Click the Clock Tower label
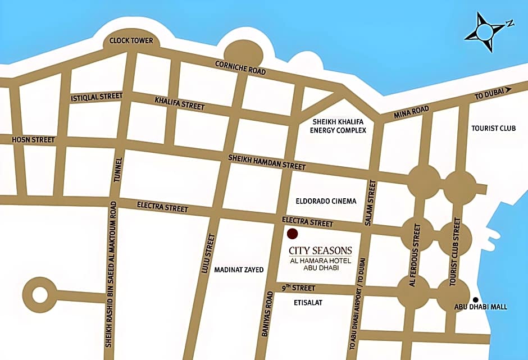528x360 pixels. click(x=131, y=40)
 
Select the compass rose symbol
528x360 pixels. click(x=485, y=33)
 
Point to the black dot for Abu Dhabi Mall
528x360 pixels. click(x=476, y=299)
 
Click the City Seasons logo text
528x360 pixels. click(x=320, y=250)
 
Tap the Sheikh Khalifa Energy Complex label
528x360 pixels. click(x=338, y=126)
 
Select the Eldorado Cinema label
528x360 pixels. click(x=326, y=201)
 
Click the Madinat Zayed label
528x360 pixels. click(x=239, y=270)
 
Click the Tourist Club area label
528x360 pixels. click(x=494, y=128)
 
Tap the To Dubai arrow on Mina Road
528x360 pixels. click(x=508, y=89)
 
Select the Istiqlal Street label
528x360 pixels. click(x=97, y=97)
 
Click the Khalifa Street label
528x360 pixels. click(x=180, y=103)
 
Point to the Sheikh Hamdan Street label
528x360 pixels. click(x=267, y=162)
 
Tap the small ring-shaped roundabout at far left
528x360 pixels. click(x=40, y=293)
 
